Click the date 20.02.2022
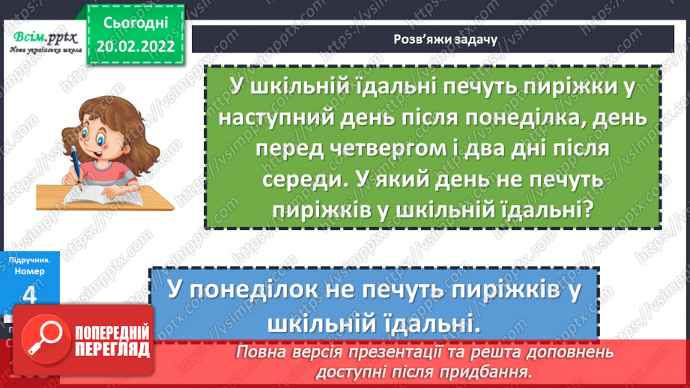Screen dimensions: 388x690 136,46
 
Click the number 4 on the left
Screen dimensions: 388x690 30,295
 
